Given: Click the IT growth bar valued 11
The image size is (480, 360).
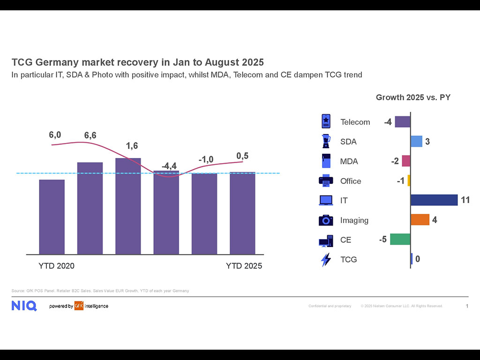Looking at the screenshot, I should [x=434, y=200].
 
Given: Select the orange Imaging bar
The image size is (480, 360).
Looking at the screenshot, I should [x=420, y=220].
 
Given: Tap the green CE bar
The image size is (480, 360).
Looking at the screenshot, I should [x=400, y=239].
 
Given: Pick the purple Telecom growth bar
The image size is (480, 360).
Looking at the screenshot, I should [x=402, y=122].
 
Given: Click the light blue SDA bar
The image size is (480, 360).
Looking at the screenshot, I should [x=416, y=142].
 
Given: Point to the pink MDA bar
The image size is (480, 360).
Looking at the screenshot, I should [x=406, y=161].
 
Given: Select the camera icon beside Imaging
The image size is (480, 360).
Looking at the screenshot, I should [x=326, y=220].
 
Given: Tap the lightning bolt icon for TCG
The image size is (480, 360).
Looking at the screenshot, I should [x=326, y=259].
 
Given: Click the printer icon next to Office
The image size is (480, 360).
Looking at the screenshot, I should [x=326, y=180].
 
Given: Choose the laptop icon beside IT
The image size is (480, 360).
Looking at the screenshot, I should [x=326, y=201].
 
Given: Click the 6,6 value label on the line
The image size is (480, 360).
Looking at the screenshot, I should [x=90, y=135].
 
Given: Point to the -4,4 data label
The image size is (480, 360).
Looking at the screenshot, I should [x=169, y=166].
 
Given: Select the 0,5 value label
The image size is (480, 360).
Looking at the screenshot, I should [x=242, y=156].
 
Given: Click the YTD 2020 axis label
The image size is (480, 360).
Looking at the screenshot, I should [x=56, y=266].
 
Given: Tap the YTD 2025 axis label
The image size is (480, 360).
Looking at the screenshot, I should [x=244, y=266].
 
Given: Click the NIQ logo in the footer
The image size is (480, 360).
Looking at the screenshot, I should [x=24, y=306].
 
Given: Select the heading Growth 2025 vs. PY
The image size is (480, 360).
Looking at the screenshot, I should [x=413, y=97].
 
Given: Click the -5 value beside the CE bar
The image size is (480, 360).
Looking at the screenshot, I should [x=383, y=240].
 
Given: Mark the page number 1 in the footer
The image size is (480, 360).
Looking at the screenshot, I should [x=467, y=306].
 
